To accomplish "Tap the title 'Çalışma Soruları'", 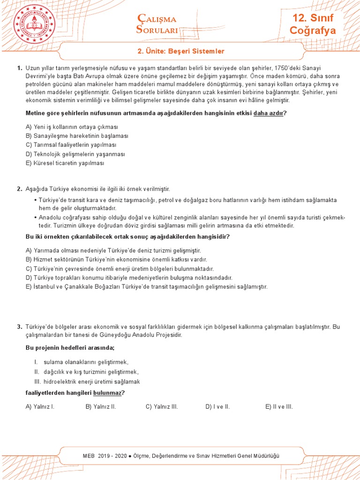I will pos(157,24).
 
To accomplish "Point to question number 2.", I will pos(19,189).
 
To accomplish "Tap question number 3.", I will pos(19,327).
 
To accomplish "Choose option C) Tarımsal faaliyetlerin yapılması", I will pos(71,145).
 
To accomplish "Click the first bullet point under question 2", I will pos(36,200).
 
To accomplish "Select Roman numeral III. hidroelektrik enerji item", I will pos(87,382).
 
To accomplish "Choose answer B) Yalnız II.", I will pos(100,406).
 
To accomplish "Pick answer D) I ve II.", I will pos(217,406).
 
